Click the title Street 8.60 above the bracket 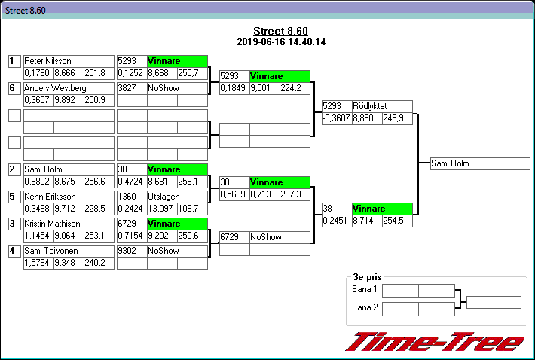pyautogui.click(x=280, y=31)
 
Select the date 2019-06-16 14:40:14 pyautogui.click(x=280, y=42)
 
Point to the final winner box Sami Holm pyautogui.click(x=480, y=163)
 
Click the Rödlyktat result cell pyautogui.click(x=382, y=106)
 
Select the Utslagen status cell pyautogui.click(x=176, y=197)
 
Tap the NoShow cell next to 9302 pyautogui.click(x=176, y=251)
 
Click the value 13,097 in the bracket pyautogui.click(x=162, y=209)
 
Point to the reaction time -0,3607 pyautogui.click(x=336, y=118)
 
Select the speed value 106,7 pyautogui.click(x=191, y=209)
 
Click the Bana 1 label pyautogui.click(x=365, y=289)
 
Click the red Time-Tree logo pyautogui.click(x=434, y=341)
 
